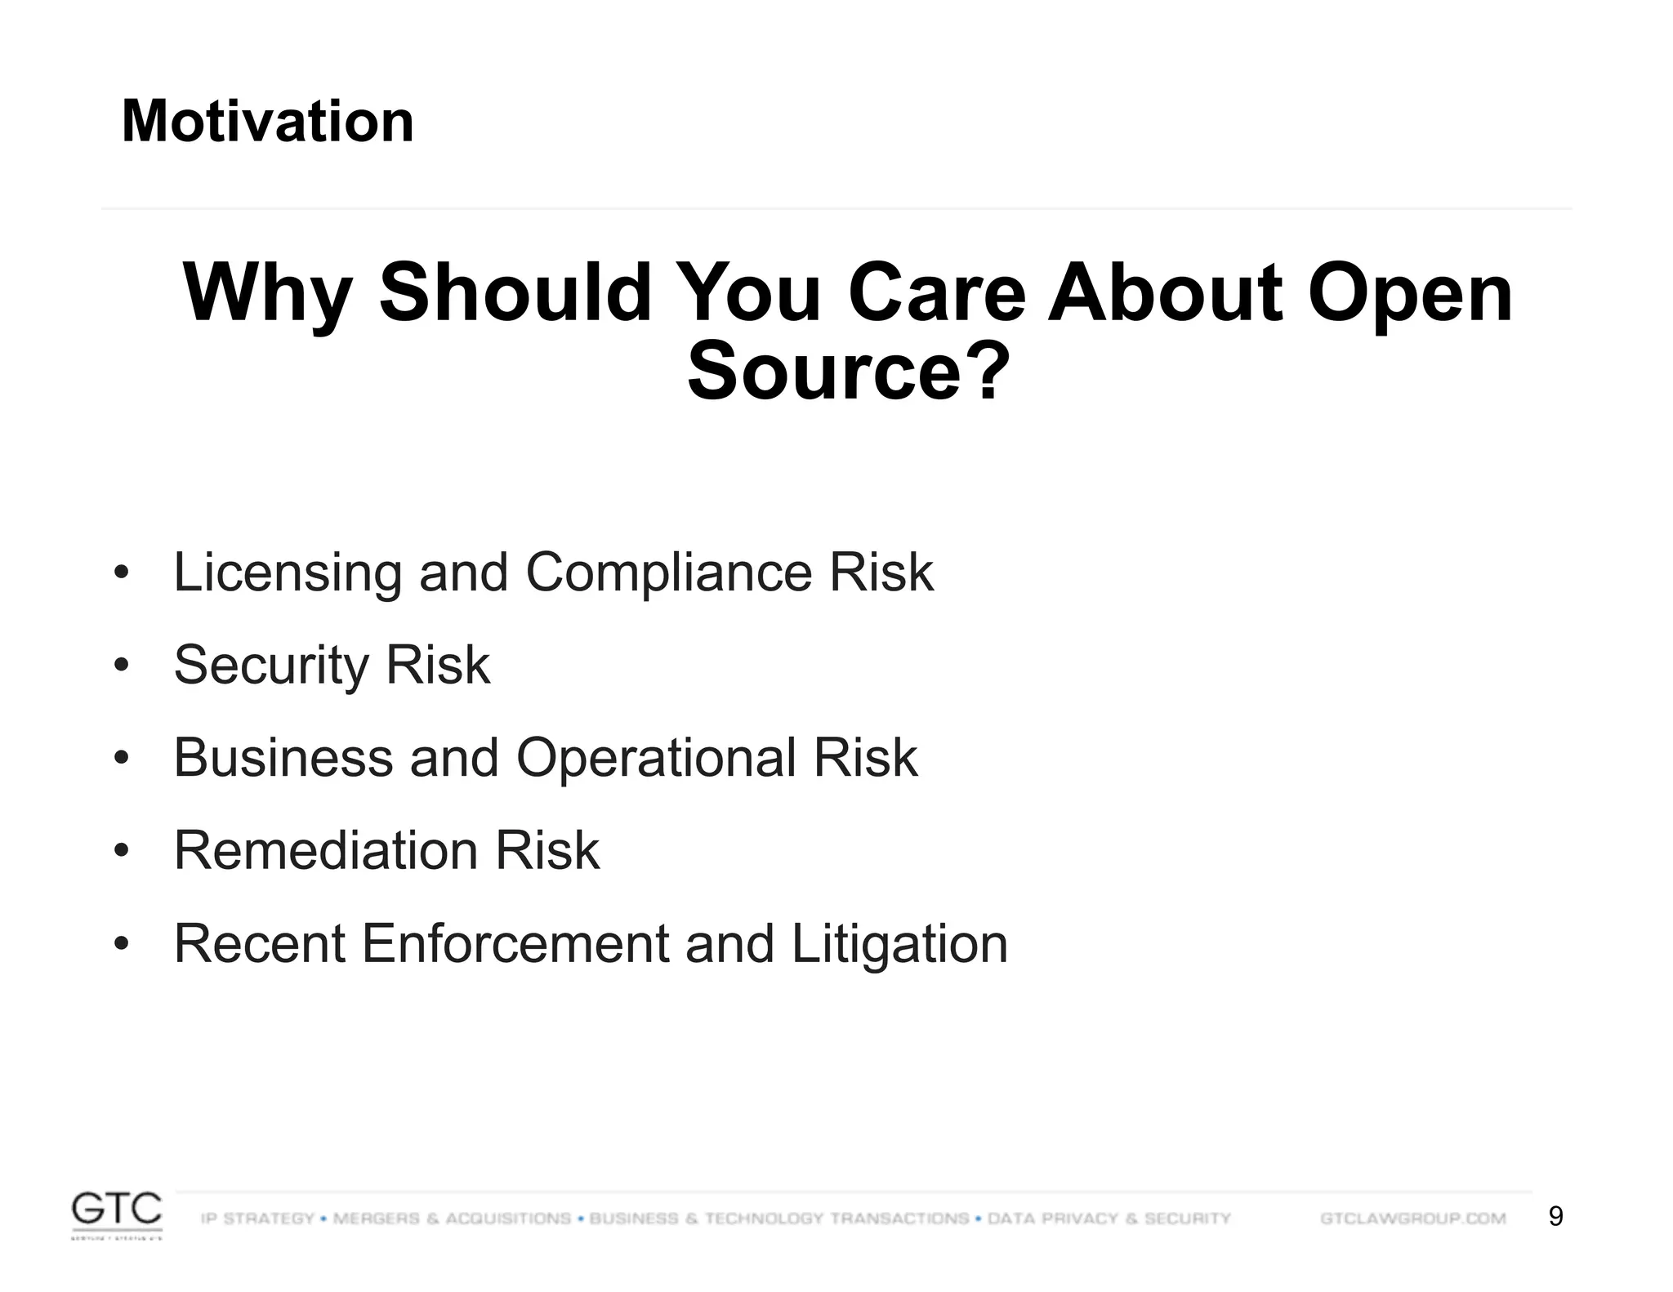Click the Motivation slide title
point(267,122)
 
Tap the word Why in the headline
point(267,294)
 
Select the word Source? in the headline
point(848,372)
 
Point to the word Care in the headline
point(936,294)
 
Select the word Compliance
point(669,573)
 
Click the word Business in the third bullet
point(283,758)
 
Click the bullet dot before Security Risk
point(122,666)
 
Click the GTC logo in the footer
point(117,1214)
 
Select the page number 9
point(1555,1217)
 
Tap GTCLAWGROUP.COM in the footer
point(1412,1218)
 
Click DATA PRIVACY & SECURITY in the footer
point(1109,1218)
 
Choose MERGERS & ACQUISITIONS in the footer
point(452,1218)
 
